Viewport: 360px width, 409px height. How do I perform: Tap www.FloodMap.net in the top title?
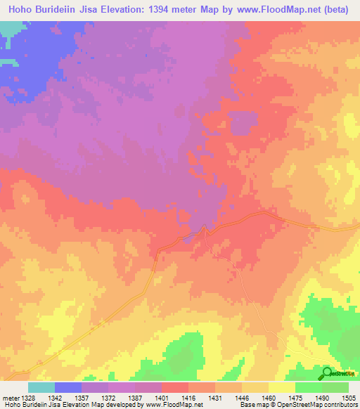280,11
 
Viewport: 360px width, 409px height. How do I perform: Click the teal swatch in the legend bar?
41,387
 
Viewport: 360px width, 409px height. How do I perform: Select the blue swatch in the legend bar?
68,387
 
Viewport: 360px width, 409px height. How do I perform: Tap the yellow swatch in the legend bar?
282,387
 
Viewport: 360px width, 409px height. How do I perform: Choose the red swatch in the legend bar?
175,387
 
